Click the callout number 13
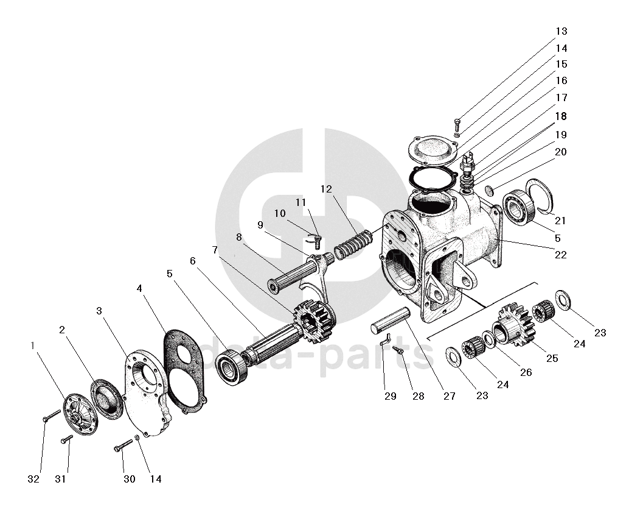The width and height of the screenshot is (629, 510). (560, 31)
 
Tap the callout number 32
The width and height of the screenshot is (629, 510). (33, 479)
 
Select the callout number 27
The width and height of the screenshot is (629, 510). (449, 395)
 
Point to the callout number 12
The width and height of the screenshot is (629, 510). (327, 189)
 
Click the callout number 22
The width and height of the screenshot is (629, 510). (560, 255)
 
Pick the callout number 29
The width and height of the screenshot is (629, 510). (390, 395)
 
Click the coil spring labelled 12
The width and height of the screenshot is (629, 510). (353, 244)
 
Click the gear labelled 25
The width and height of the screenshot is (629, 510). (515, 324)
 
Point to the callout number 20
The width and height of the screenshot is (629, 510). (560, 152)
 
